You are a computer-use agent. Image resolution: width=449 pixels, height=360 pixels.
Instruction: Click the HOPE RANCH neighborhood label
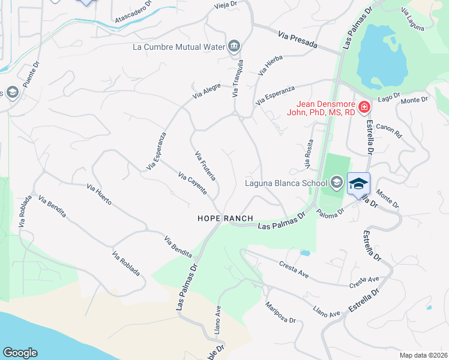[x=225, y=218]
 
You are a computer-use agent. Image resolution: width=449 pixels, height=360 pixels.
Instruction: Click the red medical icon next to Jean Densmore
[x=364, y=107]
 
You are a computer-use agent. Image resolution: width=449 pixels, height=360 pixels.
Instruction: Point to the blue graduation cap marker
[x=358, y=184]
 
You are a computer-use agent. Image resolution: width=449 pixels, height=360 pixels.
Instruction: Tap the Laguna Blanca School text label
[x=286, y=183]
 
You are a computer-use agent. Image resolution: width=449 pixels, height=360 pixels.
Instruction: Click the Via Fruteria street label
[x=205, y=166]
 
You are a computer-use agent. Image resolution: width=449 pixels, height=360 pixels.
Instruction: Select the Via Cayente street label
[x=193, y=184]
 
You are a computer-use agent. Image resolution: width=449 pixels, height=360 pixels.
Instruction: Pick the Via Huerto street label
[x=99, y=194]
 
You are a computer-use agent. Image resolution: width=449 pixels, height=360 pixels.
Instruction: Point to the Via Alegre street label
[x=207, y=91]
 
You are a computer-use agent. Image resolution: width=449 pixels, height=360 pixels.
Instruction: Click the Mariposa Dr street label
[x=281, y=312]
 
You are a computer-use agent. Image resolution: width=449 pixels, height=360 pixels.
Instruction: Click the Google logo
[x=20, y=353]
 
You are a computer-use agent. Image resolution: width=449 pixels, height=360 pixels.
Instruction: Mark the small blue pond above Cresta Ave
[x=304, y=253]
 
